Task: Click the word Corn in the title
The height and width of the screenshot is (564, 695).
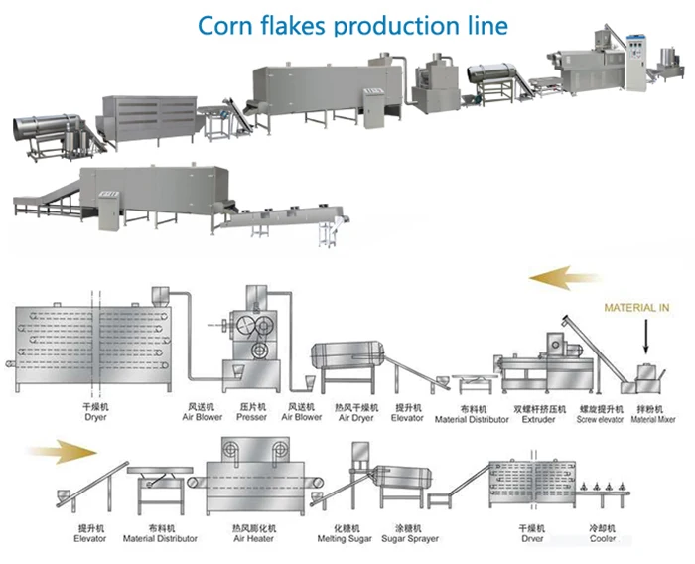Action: pyautogui.click(x=227, y=24)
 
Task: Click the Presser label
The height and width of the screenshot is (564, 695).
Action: pyautogui.click(x=252, y=417)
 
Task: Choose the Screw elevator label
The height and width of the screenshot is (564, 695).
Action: pyautogui.click(x=600, y=418)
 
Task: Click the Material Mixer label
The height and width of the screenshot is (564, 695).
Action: pyautogui.click(x=651, y=418)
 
